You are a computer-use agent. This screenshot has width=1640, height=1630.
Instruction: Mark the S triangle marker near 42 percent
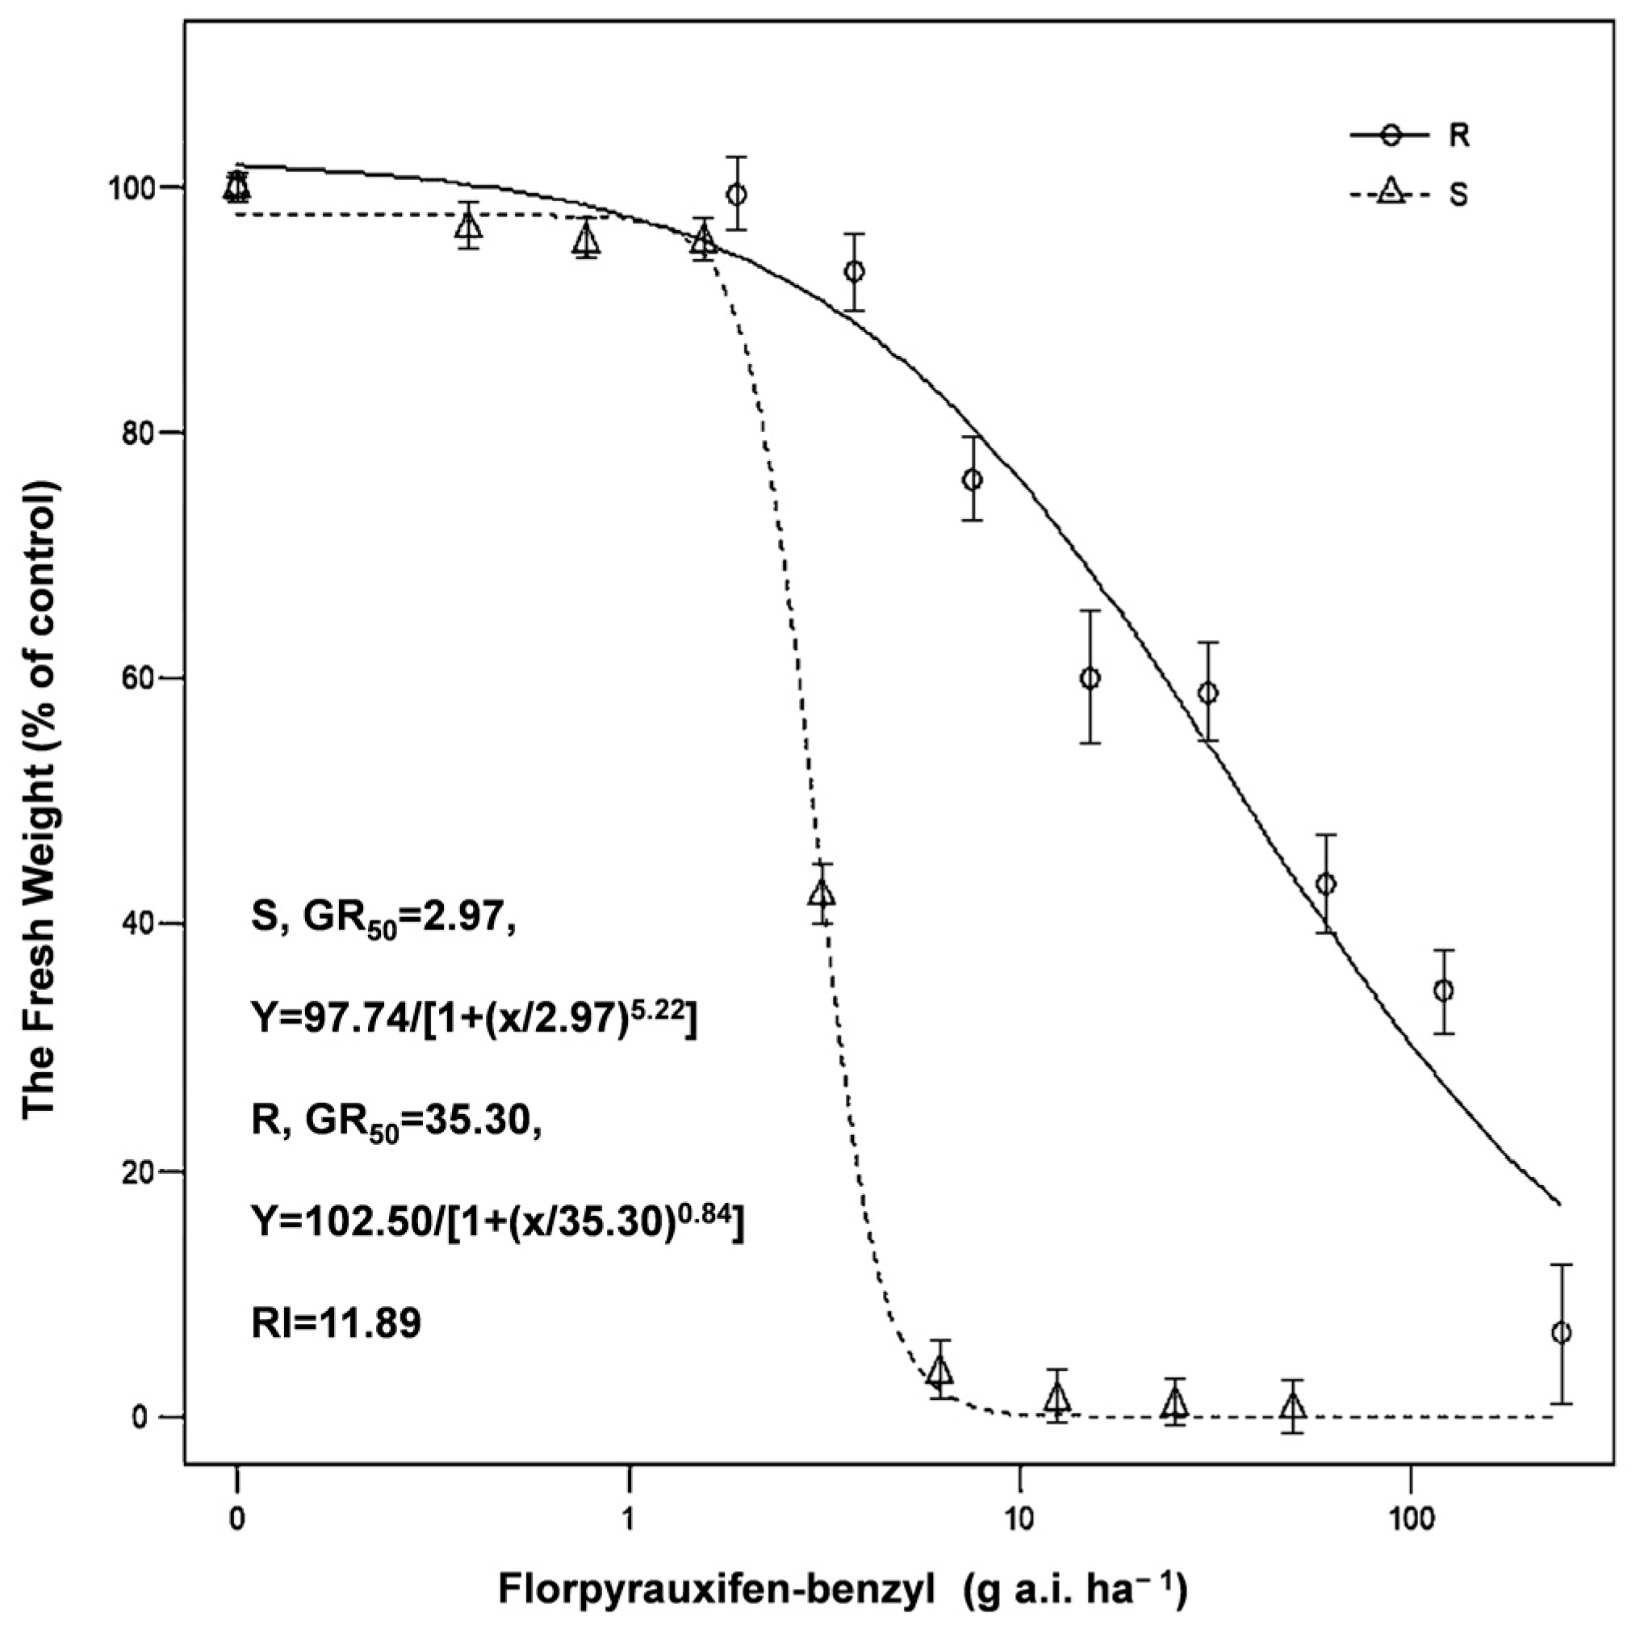822,894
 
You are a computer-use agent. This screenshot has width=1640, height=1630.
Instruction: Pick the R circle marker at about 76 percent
973,480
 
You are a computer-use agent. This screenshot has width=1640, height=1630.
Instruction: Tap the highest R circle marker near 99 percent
737,195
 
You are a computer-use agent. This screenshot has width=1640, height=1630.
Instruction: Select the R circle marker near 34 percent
1443,991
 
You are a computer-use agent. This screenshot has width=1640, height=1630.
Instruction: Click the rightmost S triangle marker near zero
1293,1407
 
